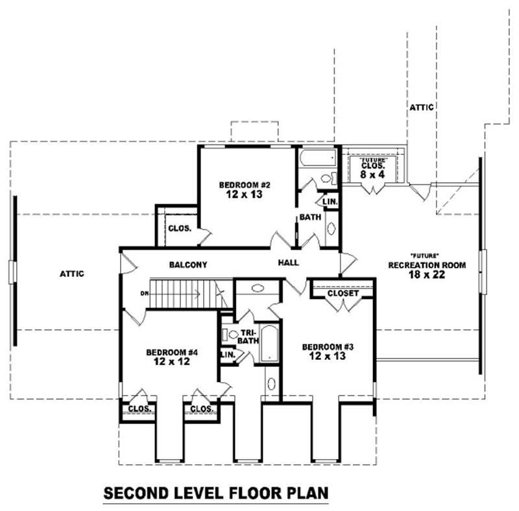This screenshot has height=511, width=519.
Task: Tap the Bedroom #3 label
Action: [328, 351]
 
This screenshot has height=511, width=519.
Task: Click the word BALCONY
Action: [187, 265]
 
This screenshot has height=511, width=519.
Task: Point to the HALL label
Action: [288, 263]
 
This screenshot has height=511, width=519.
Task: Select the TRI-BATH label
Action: [249, 337]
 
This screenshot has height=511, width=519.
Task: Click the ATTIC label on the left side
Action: [72, 274]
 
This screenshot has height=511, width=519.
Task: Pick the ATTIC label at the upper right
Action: [421, 107]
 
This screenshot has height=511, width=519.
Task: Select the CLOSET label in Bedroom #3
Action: [343, 294]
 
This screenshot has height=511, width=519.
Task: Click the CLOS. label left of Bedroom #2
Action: [178, 228]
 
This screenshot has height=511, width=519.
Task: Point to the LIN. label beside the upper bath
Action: [330, 202]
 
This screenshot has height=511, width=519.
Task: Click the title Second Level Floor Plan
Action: [216, 492]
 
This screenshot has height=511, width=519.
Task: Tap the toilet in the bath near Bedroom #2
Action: [326, 179]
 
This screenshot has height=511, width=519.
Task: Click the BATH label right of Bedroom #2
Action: [309, 217]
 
